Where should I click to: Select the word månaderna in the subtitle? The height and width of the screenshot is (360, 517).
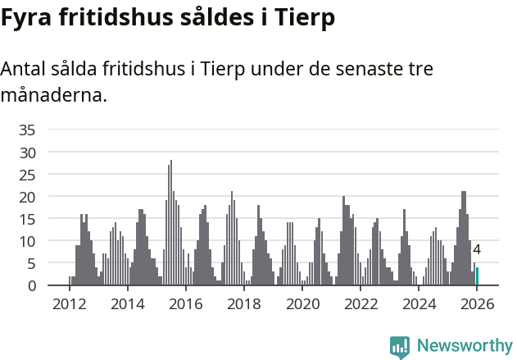tap(54, 95)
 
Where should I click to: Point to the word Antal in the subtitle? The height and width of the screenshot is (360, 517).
tap(25, 69)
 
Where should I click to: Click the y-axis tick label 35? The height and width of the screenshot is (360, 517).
tap(27, 130)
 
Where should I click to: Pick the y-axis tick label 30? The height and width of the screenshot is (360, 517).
tap(27, 153)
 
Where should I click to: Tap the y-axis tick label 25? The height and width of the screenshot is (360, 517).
tap(27, 175)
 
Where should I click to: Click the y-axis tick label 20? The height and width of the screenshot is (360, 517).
tap(27, 197)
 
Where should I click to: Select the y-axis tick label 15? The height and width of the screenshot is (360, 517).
tap(27, 219)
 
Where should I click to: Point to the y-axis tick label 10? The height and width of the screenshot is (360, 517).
tap(27, 241)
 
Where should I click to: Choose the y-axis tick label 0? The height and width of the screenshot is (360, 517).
tap(31, 285)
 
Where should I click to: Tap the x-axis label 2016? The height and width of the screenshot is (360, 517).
tap(186, 303)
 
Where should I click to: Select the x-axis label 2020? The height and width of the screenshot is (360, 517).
tap(302, 303)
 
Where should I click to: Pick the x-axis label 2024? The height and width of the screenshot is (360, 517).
tap(419, 303)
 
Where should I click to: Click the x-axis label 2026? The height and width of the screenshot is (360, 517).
tap(477, 303)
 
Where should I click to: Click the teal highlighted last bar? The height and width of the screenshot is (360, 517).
tap(477, 276)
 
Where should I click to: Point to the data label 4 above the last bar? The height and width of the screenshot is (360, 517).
tap(477, 250)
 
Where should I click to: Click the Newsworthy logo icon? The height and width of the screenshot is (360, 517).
tap(400, 347)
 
